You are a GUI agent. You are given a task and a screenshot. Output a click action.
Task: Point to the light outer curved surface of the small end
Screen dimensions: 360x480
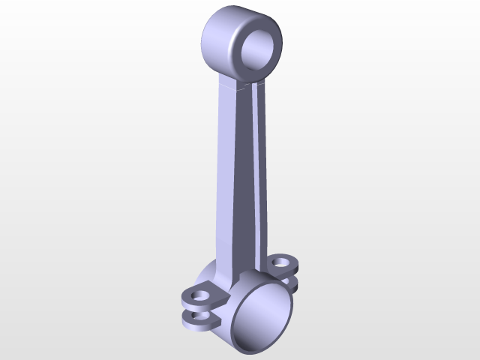[x=218, y=41]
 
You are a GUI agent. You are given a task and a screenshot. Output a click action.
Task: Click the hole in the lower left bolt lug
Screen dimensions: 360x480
[x=200, y=316]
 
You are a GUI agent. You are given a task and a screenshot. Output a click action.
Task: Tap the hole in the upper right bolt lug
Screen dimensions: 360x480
[x=281, y=262]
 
